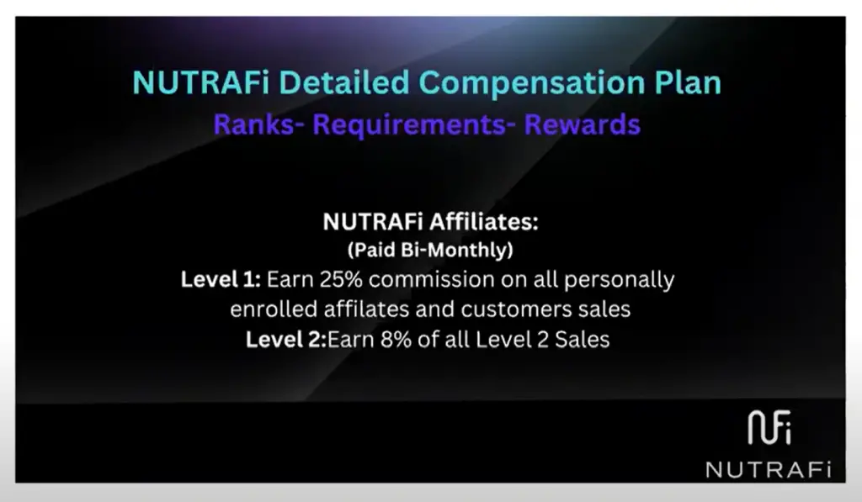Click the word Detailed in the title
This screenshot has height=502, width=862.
tap(344, 82)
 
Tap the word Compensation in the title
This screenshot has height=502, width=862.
tap(532, 83)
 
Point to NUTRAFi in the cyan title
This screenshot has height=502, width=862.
tap(200, 82)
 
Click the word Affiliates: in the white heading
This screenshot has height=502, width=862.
tap(484, 222)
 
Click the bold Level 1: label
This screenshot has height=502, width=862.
tap(221, 279)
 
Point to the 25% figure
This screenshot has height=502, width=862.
tap(341, 279)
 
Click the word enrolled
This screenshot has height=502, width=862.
tap(274, 309)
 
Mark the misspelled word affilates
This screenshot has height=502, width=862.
tap(366, 309)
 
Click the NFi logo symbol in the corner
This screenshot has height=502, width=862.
tap(769, 427)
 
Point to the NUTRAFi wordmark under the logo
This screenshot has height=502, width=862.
tap(769, 470)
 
